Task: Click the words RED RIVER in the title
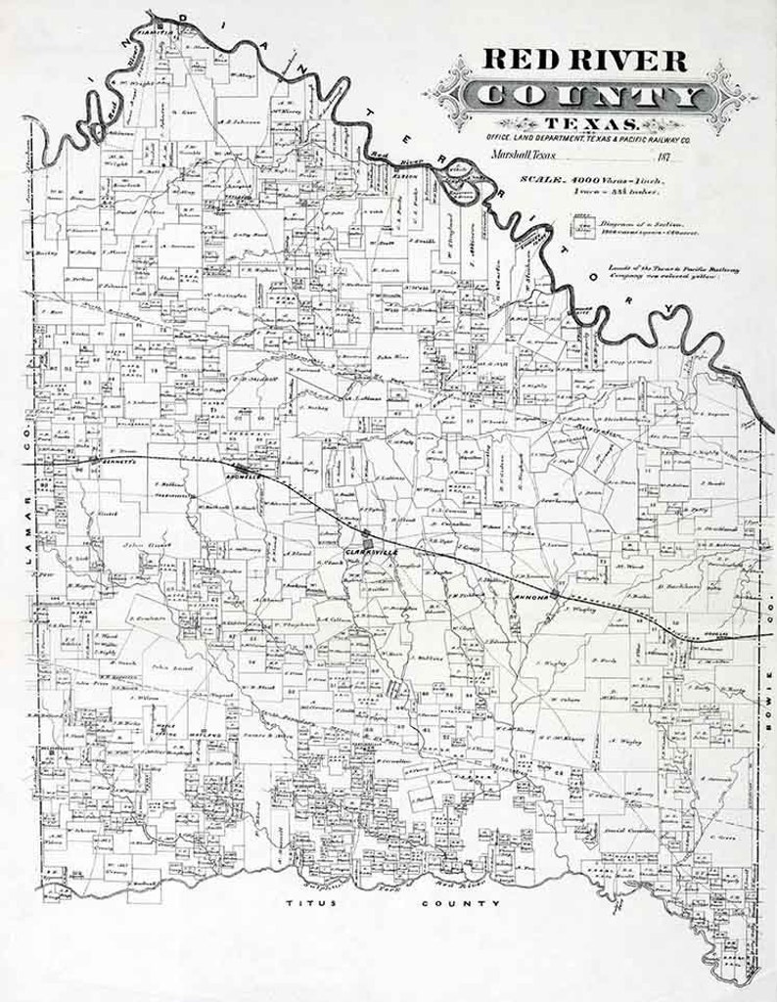tap(584, 61)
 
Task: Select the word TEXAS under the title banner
tap(589, 123)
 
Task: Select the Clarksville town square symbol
tap(366, 539)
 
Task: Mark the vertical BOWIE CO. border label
tap(768, 626)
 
